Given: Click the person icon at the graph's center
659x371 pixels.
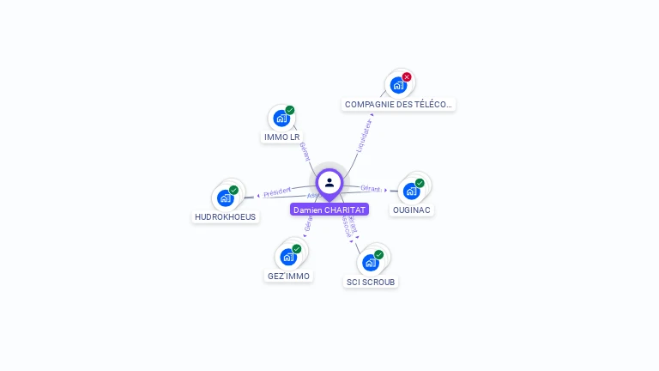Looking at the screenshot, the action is pyautogui.click(x=329, y=182).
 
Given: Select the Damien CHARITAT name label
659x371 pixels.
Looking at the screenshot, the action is pyautogui.click(x=329, y=210).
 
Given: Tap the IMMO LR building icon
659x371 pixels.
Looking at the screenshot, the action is pyautogui.click(x=281, y=119).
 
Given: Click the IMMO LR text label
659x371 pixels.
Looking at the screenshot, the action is pyautogui.click(x=282, y=137).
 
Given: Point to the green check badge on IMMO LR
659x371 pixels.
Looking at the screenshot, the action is pyautogui.click(x=290, y=110).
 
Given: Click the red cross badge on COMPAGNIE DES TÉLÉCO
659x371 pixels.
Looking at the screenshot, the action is pyautogui.click(x=407, y=77).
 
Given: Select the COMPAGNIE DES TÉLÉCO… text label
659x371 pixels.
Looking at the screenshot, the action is pyautogui.click(x=398, y=105).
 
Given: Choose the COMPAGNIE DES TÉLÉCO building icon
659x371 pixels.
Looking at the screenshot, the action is pyautogui.click(x=397, y=86).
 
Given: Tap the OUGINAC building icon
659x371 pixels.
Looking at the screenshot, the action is pyautogui.click(x=411, y=191).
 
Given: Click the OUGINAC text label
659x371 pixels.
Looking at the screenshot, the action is pyautogui.click(x=412, y=210).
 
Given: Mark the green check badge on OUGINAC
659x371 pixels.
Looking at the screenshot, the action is pyautogui.click(x=420, y=183).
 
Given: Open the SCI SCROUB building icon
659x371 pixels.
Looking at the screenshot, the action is pyautogui.click(x=370, y=263).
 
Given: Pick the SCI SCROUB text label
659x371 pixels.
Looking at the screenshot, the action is pyautogui.click(x=371, y=282).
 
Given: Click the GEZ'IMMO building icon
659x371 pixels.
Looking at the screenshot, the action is pyautogui.click(x=287, y=257).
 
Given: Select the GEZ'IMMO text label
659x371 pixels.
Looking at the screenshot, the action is pyautogui.click(x=288, y=277).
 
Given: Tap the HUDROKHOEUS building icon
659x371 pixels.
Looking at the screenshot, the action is pyautogui.click(x=225, y=198).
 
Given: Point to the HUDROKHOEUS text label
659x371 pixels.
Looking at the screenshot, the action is pyautogui.click(x=226, y=217).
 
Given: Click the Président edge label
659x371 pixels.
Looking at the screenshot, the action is pyautogui.click(x=277, y=192).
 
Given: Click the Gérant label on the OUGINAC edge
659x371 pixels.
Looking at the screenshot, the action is pyautogui.click(x=371, y=188).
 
